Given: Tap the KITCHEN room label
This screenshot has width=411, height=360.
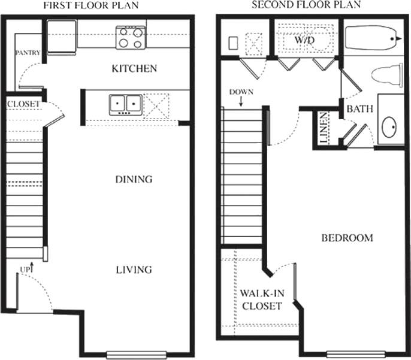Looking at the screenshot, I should pyautogui.click(x=134, y=68).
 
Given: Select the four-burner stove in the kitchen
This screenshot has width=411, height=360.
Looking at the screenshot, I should pyautogui.click(x=131, y=37).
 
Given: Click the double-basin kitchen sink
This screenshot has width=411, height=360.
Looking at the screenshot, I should pyautogui.click(x=125, y=104).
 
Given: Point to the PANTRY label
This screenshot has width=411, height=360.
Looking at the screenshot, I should pyautogui.click(x=28, y=53).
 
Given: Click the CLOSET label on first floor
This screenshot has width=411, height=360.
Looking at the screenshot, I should pyautogui.click(x=23, y=104).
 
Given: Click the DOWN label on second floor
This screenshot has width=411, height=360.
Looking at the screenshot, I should pyautogui.click(x=241, y=92).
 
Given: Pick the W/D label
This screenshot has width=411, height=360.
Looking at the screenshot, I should pyautogui.click(x=304, y=40).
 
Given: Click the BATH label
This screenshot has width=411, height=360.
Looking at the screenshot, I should pyautogui.click(x=360, y=110).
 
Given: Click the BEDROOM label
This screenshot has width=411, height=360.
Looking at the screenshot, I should pyautogui.click(x=347, y=238).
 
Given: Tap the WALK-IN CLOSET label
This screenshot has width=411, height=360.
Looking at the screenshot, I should pyautogui.click(x=261, y=300).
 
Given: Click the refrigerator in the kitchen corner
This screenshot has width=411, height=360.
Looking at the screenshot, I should pyautogui.click(x=62, y=35).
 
